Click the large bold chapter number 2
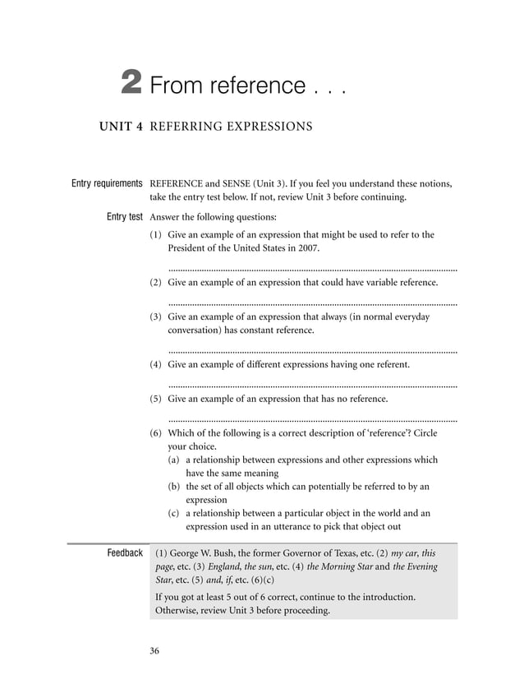[x=131, y=83]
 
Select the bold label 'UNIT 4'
[x=122, y=127]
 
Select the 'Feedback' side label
[x=125, y=552]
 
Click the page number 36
[x=154, y=652]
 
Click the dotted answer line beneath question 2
[x=312, y=303]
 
